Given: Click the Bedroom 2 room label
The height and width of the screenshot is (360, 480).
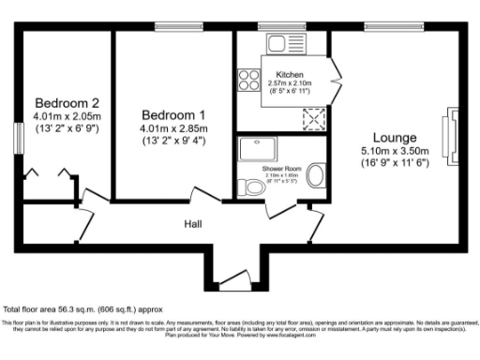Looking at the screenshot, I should [67, 102].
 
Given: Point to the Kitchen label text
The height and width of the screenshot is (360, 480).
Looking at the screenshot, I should [289, 75].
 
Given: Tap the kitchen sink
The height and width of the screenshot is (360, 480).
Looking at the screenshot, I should [279, 43].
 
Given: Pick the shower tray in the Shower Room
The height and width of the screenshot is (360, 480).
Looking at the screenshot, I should [254, 151].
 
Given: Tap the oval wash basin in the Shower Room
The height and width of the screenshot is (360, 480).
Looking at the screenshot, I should [316, 175].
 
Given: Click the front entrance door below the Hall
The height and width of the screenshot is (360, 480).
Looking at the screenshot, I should [232, 278].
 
